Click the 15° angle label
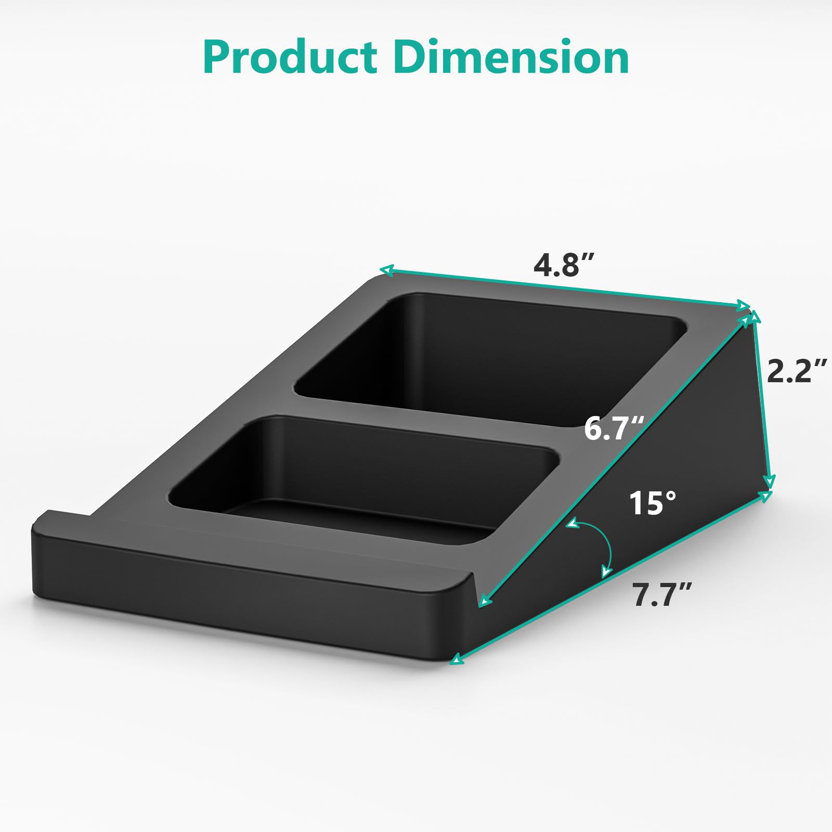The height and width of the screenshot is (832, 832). [x=653, y=503]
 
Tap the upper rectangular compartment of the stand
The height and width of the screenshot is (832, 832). [x=489, y=354]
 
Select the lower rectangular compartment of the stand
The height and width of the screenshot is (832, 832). [x=364, y=468]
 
